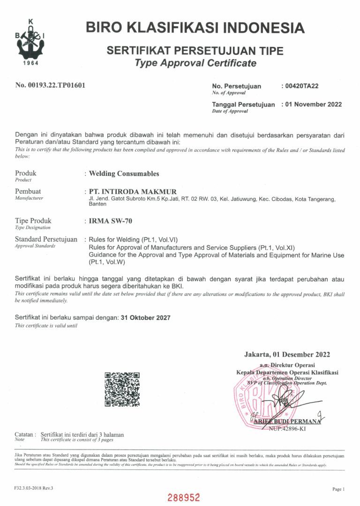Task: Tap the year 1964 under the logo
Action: pyautogui.click(x=30, y=63)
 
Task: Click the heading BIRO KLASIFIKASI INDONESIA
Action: pyautogui.click(x=195, y=28)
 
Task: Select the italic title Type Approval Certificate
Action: pyautogui.click(x=195, y=63)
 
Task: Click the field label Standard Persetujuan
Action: pyautogui.click(x=46, y=239)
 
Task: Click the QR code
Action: pyautogui.click(x=122, y=389)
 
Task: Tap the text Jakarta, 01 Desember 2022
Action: pyautogui.click(x=287, y=355)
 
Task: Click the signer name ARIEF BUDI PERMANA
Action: pyautogui.click(x=287, y=421)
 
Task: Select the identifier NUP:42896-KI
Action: pyautogui.click(x=287, y=429)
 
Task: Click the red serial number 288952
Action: pyautogui.click(x=184, y=497)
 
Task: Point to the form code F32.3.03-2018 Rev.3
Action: pyautogui.click(x=34, y=488)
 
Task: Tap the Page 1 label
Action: pyautogui.click(x=338, y=489)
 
